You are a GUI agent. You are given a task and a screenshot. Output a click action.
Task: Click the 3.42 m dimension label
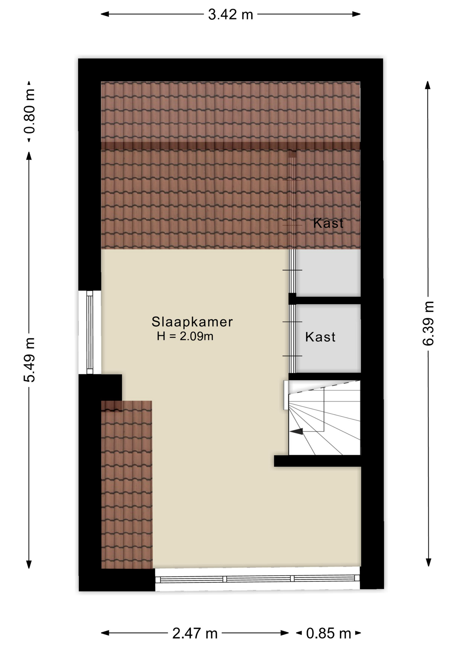(231, 14)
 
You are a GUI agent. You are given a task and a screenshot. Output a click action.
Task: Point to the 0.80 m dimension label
(29, 111)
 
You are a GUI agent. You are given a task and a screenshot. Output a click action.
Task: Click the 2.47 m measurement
(195, 634)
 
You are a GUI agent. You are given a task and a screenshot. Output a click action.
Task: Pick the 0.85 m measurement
(328, 634)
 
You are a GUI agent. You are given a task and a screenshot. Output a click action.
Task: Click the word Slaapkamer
(192, 322)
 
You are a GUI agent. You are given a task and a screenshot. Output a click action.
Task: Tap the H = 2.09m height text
(185, 336)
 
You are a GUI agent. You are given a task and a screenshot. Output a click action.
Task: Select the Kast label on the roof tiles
(328, 223)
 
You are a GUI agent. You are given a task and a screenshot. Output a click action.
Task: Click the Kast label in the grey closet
(320, 337)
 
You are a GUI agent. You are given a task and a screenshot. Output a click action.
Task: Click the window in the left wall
(90, 332)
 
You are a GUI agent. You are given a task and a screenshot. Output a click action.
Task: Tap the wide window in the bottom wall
(257, 579)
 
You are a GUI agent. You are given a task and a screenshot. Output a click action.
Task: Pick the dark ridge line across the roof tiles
(231, 146)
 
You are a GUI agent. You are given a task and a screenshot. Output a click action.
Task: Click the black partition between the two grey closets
(325, 299)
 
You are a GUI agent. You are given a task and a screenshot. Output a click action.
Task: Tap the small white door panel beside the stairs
(286, 395)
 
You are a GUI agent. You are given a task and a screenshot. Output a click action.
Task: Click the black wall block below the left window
(100, 388)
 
